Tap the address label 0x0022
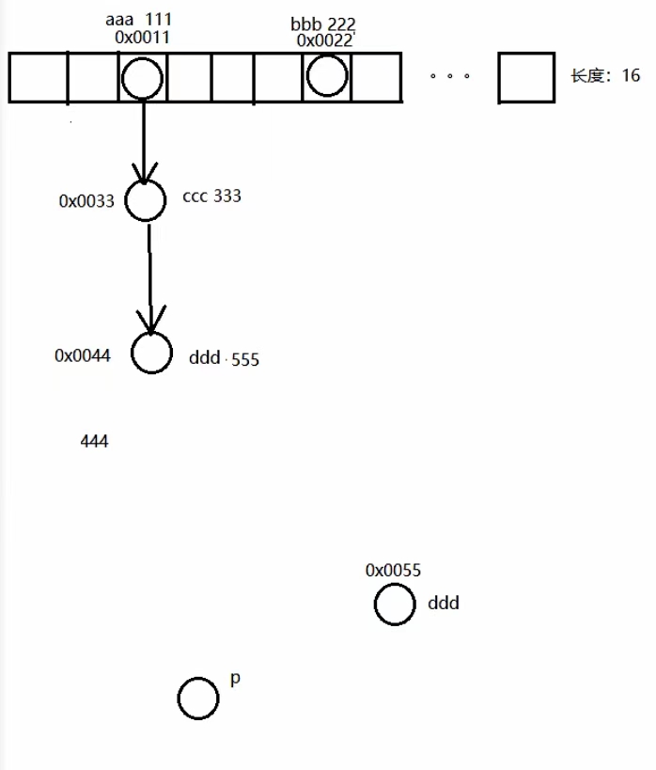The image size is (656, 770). click(324, 40)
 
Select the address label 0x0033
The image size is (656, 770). click(86, 200)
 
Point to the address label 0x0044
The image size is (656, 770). click(83, 355)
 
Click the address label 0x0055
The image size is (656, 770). click(393, 571)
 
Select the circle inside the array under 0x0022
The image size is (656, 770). click(327, 75)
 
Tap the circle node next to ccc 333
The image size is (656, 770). click(146, 200)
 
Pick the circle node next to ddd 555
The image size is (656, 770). click(151, 354)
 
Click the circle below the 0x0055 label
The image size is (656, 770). click(394, 604)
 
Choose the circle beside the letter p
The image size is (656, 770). click(198, 699)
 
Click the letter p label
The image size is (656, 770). click(235, 679)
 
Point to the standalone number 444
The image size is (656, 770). click(94, 440)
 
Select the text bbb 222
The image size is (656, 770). click(322, 24)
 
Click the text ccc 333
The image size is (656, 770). click(211, 196)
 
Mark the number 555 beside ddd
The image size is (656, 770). click(244, 359)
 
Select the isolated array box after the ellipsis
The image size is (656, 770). click(525, 77)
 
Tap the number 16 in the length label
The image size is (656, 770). click(630, 76)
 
